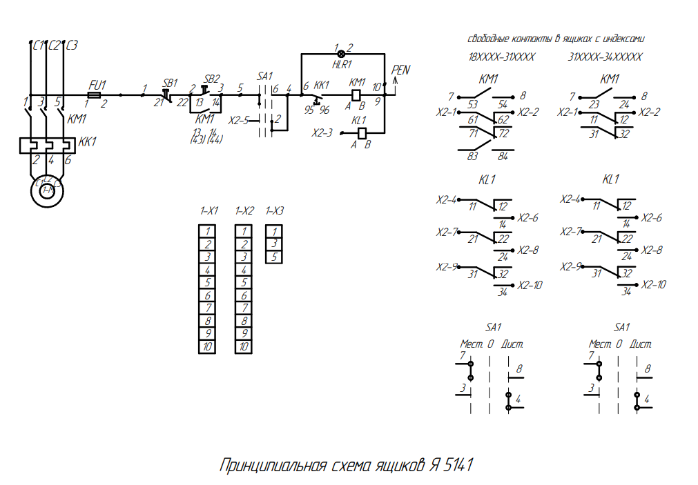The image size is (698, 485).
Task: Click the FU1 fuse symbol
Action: [95, 95]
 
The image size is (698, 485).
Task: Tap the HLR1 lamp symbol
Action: [340, 54]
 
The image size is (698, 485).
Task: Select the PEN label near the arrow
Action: [400, 70]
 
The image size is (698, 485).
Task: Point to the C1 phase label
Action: [39, 46]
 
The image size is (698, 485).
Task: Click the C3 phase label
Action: [71, 46]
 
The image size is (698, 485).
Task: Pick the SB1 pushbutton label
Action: [170, 81]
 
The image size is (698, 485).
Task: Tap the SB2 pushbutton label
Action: [212, 79]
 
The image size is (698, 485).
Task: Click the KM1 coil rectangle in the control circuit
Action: [357, 95]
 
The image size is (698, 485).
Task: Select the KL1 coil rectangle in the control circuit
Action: [359, 132]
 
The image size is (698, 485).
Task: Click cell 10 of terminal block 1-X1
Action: [208, 347]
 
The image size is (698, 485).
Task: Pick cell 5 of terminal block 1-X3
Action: [274, 257]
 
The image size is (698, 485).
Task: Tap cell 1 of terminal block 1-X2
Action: [244, 231]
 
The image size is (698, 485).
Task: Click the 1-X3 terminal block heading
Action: [274, 211]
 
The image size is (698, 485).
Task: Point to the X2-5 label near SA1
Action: [238, 120]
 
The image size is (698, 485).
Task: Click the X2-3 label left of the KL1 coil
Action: [322, 132]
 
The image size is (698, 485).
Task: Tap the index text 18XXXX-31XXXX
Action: [502, 57]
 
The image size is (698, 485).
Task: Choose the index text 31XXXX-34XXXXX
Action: [605, 57]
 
